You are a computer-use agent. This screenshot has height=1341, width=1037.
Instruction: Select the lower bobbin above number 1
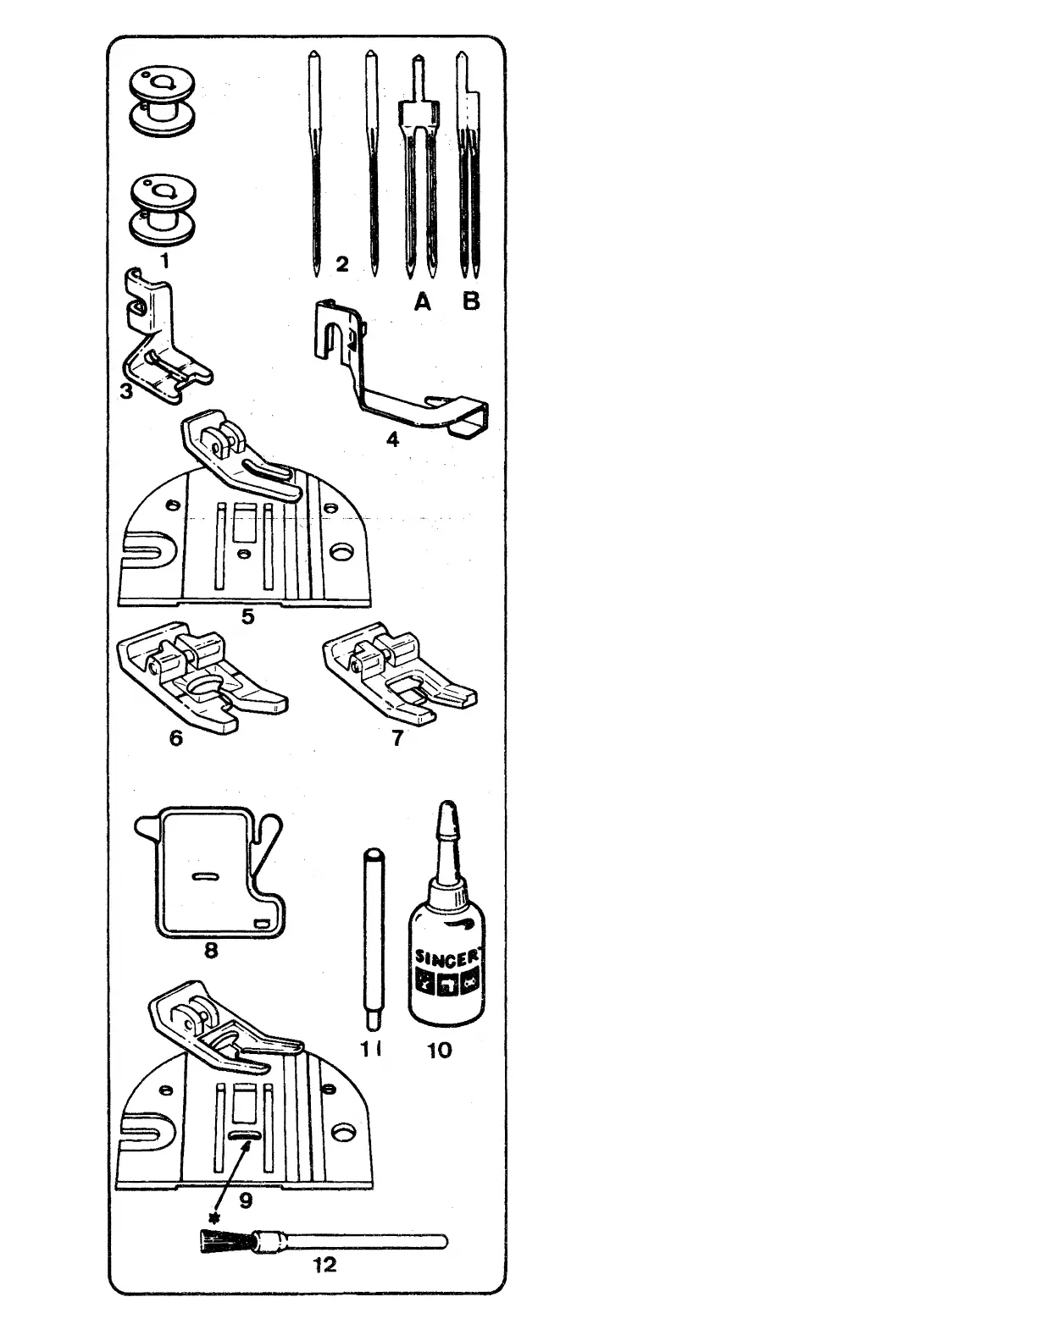163,207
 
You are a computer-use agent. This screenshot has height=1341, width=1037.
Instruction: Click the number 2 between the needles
342,264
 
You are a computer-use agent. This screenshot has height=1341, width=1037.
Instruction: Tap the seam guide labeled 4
398,372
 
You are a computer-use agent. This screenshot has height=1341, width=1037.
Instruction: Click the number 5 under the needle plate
247,615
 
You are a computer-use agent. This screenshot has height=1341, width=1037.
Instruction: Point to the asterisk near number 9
214,1217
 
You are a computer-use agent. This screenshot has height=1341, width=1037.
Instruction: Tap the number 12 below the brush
324,1265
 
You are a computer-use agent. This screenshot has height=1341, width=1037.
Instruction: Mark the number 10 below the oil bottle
440,1050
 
